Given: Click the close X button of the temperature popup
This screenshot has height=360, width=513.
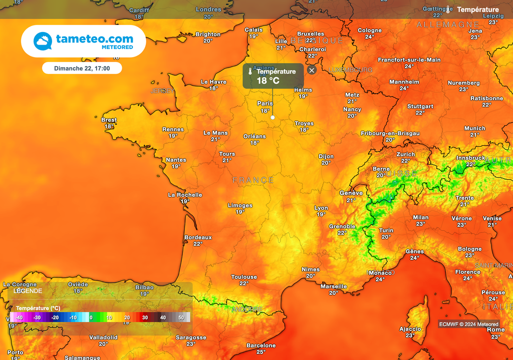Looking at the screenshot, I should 312,71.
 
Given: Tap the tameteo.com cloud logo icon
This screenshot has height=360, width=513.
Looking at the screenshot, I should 43,41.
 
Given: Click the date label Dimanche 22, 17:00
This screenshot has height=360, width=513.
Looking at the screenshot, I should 82,68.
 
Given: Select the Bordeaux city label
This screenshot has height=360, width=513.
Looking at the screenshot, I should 198,237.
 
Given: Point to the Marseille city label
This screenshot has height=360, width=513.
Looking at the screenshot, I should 333,286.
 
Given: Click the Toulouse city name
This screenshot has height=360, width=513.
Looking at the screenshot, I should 244,277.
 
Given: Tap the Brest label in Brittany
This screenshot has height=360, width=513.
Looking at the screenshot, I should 109,120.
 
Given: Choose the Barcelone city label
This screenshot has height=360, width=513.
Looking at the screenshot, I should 261,345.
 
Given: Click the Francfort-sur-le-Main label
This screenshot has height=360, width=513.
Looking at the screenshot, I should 409,60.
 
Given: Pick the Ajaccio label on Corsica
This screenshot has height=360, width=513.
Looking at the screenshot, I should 410,329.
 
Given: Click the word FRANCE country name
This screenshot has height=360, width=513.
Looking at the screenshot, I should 253,180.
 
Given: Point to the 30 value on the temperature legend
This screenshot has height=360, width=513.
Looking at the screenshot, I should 145,317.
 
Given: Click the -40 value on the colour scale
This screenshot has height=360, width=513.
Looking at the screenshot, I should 19,317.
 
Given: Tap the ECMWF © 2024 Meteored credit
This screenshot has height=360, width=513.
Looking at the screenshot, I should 469,324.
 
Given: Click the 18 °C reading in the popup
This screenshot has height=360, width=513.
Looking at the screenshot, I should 268,81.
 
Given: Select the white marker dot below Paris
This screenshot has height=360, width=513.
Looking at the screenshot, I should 273,117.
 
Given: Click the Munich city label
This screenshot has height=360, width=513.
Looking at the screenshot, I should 474,128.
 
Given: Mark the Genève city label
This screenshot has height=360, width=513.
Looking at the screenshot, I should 351,193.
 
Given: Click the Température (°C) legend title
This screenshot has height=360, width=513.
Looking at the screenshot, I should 38,308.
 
